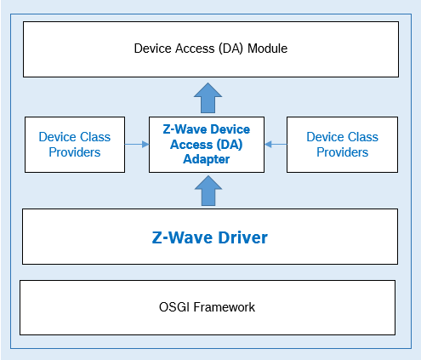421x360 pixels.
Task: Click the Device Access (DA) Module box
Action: tap(210, 49)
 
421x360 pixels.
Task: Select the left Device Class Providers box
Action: tap(75, 144)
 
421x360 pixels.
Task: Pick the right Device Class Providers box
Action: tap(342, 144)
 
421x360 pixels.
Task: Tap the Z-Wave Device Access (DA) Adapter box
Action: tap(207, 144)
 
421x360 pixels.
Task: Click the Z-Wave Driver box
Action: tap(210, 237)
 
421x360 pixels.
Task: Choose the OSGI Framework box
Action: tap(208, 306)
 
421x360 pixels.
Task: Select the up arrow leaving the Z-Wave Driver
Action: tap(207, 191)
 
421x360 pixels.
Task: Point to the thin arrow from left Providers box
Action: tap(136, 145)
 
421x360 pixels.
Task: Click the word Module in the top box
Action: tap(267, 49)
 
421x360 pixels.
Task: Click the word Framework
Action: tap(225, 306)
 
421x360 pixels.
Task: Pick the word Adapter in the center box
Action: tap(207, 159)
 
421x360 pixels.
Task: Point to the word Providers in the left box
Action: tap(75, 152)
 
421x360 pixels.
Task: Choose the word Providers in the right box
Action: tap(342, 152)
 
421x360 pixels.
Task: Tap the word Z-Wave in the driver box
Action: tap(179, 237)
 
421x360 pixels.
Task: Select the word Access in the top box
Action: tap(191, 49)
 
